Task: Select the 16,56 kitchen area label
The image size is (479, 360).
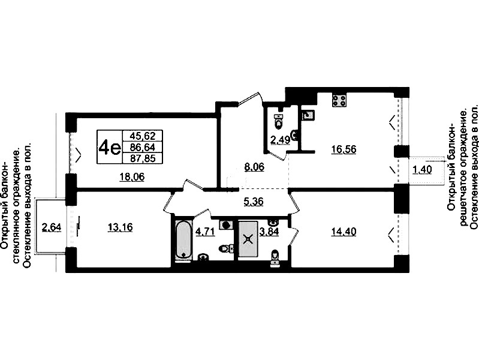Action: point(344,150)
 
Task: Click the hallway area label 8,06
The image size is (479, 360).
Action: point(254,167)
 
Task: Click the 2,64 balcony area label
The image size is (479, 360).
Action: point(52,227)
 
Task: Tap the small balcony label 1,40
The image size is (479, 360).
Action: point(422,170)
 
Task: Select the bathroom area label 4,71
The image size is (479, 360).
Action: point(206,232)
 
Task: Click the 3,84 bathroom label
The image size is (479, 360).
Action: point(269,232)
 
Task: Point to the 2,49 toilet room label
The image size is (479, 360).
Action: point(280,140)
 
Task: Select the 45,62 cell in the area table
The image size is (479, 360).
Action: point(142,135)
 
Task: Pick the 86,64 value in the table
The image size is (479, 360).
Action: point(142,147)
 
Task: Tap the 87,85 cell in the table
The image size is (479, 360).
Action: point(142,158)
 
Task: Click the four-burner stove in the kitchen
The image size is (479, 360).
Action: point(339,100)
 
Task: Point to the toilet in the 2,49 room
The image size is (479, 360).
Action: point(278,122)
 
